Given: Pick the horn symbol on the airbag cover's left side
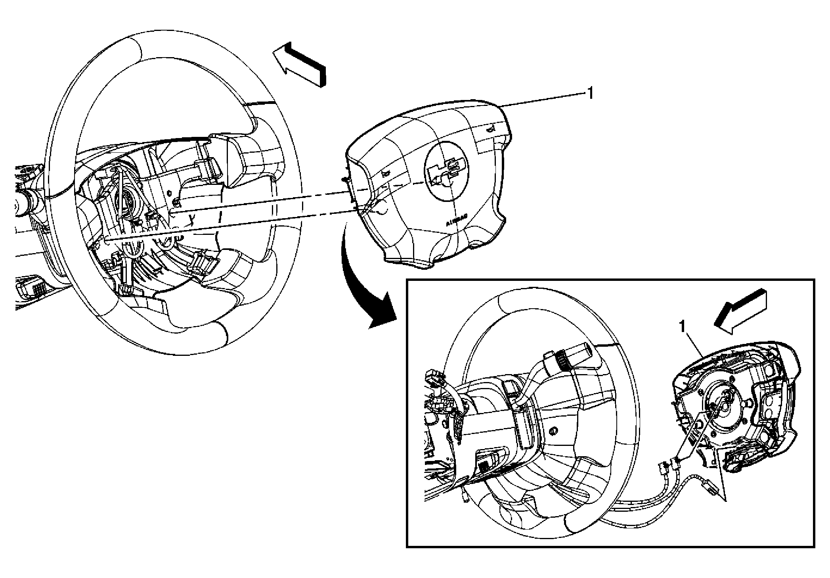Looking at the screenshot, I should click(x=384, y=173).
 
